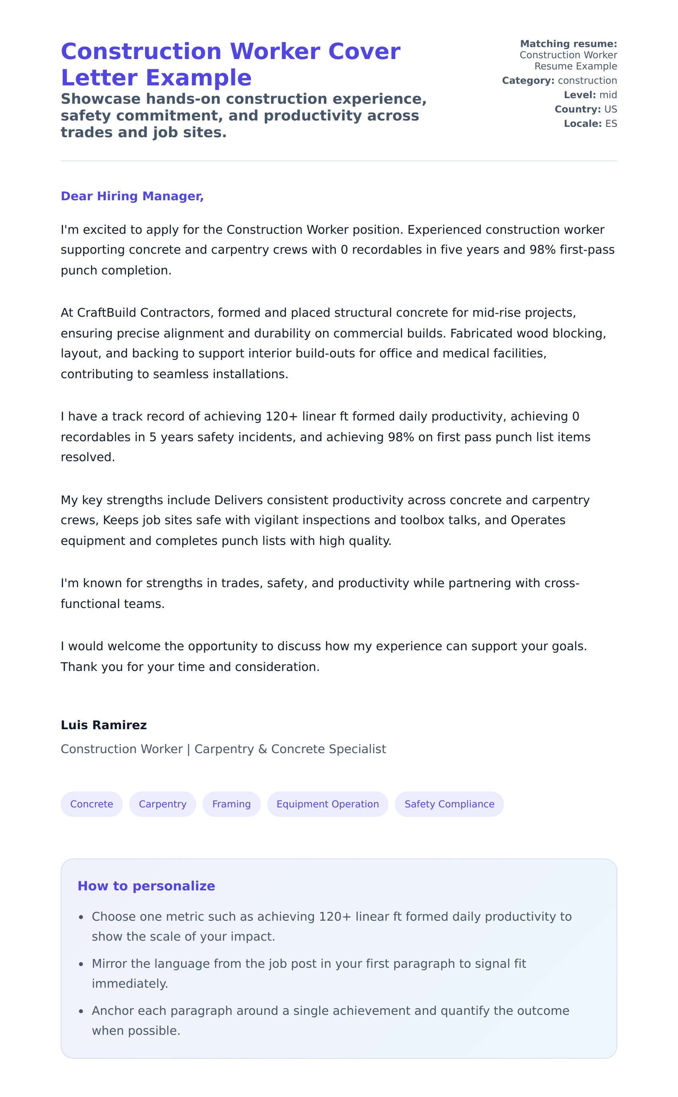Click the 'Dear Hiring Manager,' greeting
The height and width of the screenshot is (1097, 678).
[132, 196]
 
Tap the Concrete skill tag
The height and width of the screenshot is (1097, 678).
[91, 804]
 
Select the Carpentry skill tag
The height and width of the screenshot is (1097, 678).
[162, 804]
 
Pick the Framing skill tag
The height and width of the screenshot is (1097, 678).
[231, 804]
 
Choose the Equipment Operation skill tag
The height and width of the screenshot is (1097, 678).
[327, 804]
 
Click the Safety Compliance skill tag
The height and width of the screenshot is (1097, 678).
[449, 804]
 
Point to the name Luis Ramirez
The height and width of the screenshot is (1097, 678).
[104, 725]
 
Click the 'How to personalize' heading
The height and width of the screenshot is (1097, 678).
[146, 886]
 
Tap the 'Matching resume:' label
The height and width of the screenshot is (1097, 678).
[568, 43]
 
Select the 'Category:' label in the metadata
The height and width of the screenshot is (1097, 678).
[528, 80]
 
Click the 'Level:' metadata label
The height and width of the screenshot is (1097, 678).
[579, 95]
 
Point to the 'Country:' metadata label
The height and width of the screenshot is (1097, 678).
[577, 109]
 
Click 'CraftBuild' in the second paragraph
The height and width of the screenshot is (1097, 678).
[106, 313]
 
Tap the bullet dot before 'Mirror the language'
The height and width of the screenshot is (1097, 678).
[81, 964]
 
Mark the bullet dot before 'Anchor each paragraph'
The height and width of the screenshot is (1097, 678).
[81, 1011]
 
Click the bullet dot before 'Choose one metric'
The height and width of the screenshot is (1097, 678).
[81, 917]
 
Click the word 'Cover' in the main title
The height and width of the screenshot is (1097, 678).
[364, 51]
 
